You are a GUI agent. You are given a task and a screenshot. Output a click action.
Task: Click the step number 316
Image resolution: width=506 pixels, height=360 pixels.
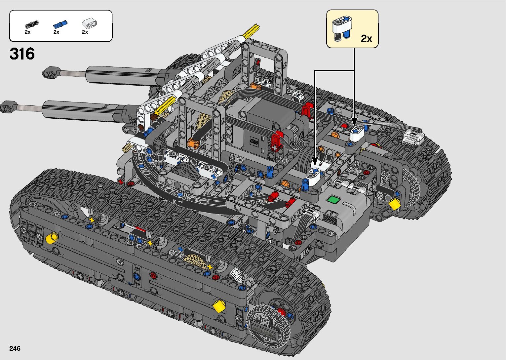coord(22,54)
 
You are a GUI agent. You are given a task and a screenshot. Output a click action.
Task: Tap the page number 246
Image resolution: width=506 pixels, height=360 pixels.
coord(15,348)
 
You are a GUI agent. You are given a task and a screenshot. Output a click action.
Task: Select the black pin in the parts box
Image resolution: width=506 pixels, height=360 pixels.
coord(32,24)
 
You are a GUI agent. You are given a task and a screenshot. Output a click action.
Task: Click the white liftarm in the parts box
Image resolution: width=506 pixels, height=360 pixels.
coord(90,23)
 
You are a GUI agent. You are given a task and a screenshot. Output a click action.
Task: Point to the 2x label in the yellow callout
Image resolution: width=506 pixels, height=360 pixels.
coord(367,39)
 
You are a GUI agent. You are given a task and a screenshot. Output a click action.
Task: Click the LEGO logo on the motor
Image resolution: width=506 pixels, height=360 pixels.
coord(253,142)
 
